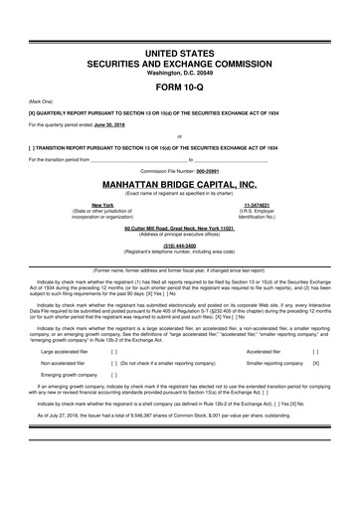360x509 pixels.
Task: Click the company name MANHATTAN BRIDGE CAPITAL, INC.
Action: click(179, 185)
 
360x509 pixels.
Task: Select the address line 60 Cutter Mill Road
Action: click(180, 228)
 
